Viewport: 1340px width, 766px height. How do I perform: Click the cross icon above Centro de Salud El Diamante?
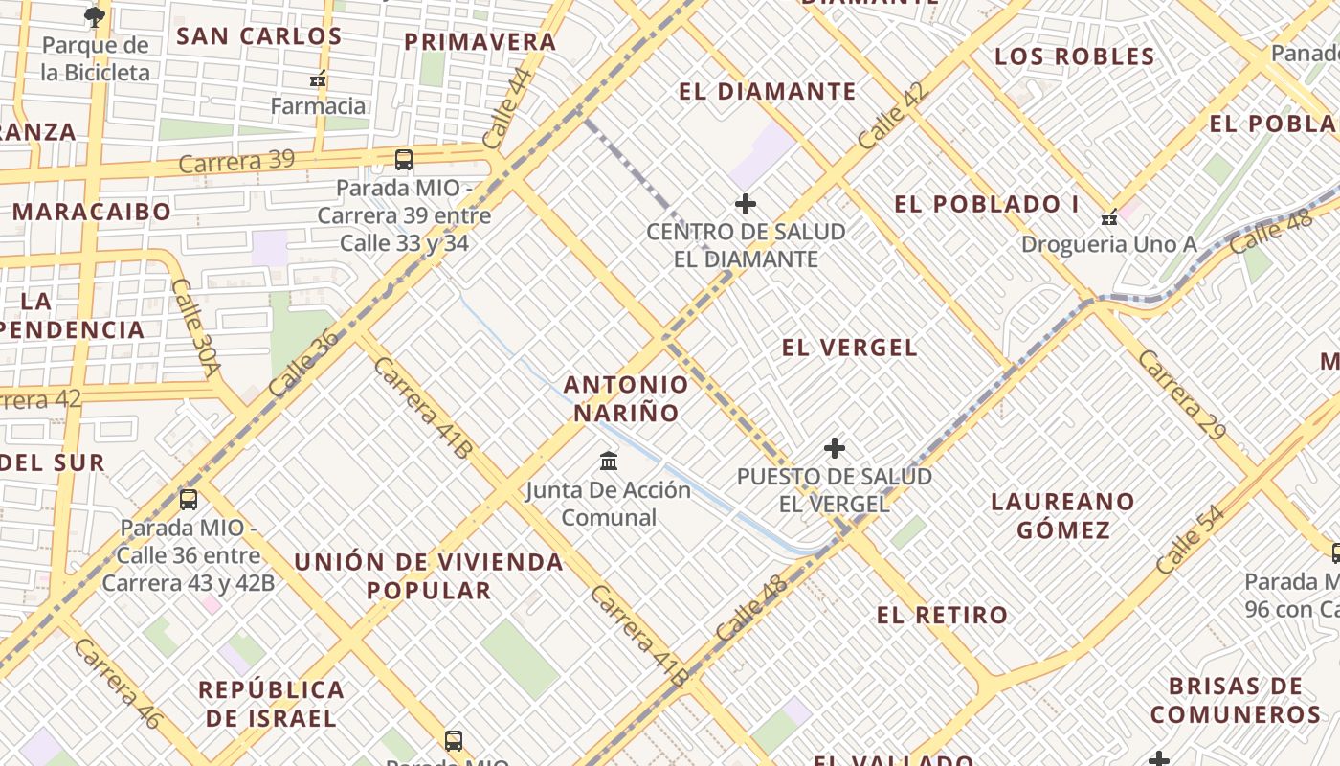[x=745, y=204]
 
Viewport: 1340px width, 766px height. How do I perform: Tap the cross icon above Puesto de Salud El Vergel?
[x=835, y=448]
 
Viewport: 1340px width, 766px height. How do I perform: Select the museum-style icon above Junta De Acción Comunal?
[x=609, y=462]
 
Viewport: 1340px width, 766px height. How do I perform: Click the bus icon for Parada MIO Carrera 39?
[x=404, y=160]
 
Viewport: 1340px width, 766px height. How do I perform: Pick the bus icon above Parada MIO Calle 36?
[x=189, y=499]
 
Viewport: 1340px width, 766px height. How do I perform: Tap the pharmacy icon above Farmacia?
[x=319, y=79]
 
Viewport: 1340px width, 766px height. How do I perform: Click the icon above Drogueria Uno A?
[x=1109, y=217]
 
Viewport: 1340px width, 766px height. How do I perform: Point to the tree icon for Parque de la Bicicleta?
[x=95, y=16]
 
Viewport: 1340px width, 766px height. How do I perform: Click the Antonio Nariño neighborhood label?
[x=626, y=398]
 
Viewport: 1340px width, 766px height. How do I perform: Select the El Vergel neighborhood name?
[x=850, y=348]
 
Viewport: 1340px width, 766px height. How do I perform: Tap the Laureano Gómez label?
[x=1062, y=515]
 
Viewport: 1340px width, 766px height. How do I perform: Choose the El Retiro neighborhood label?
[x=942, y=615]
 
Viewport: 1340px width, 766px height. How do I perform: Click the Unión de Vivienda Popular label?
[x=429, y=575]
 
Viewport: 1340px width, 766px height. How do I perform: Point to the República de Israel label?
[x=271, y=703]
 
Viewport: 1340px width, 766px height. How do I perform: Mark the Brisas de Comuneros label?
[x=1236, y=700]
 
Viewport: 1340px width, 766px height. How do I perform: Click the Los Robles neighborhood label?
[x=1075, y=56]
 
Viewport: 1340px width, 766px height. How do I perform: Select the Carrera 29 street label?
[x=1181, y=394]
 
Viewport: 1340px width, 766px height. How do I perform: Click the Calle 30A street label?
[x=196, y=327]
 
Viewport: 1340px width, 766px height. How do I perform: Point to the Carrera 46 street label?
[x=117, y=685]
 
